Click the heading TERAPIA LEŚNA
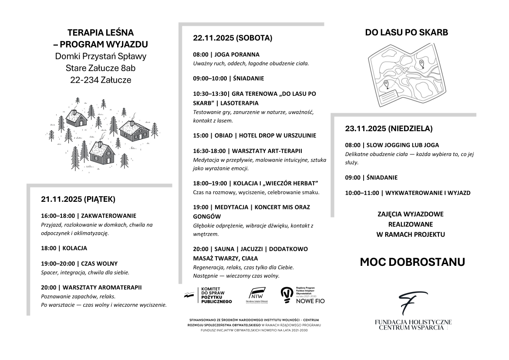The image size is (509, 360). click(101, 32)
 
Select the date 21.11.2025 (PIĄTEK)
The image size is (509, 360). click(78, 200)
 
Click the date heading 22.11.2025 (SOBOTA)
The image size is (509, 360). click(233, 38)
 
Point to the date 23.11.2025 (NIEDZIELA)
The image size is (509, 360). click(389, 129)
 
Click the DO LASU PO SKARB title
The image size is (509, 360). click(407, 33)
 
